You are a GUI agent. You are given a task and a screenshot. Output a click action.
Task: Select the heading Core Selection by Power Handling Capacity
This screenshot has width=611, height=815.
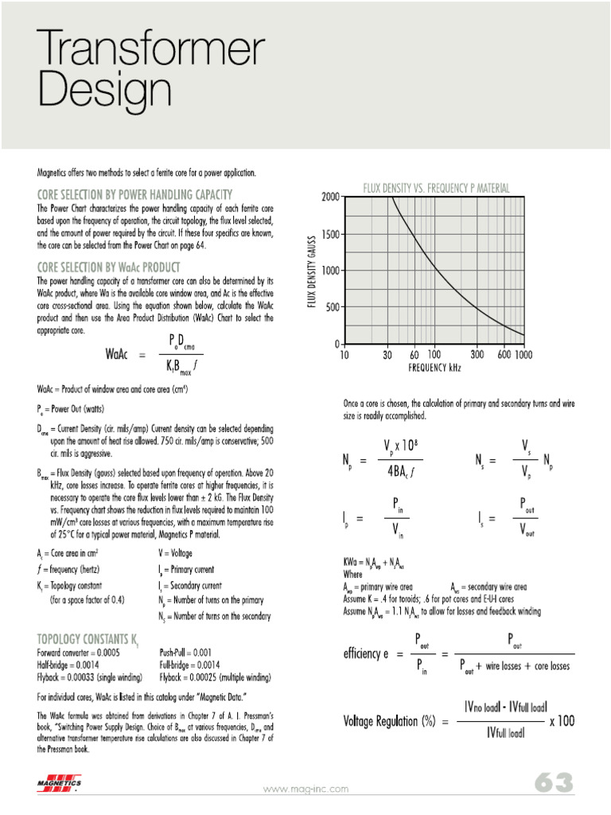coord(134,194)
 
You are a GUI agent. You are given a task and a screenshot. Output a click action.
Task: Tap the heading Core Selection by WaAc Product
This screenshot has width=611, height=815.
coord(108,267)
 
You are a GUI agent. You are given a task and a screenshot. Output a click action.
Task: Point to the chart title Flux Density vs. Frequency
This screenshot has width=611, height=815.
coord(436,189)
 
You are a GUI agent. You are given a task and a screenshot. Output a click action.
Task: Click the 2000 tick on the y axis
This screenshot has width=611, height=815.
coord(329,197)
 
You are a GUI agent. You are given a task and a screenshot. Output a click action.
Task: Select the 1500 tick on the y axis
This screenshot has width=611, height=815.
coord(329,235)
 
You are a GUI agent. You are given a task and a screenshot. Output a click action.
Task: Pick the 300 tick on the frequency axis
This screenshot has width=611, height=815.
coord(477,354)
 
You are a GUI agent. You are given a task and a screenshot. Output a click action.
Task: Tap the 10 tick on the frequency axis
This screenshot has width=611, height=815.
coord(344,354)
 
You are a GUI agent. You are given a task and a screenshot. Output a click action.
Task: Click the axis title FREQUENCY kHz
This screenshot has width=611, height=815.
coord(434,368)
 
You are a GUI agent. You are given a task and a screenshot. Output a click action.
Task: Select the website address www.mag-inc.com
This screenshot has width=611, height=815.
coord(305,789)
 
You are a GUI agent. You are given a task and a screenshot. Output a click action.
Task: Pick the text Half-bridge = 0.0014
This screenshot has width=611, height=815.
coord(75,665)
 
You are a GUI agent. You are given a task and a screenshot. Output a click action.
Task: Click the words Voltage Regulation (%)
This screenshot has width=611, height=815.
coord(390,721)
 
